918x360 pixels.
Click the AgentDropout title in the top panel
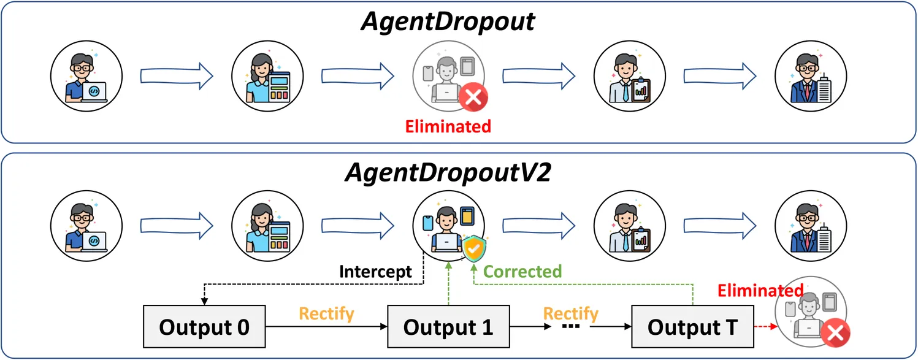[x=448, y=22]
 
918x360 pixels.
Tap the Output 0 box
[x=204, y=327]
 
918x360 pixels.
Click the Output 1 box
[x=448, y=327]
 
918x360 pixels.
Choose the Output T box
[x=692, y=327]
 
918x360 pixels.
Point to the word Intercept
[x=376, y=272]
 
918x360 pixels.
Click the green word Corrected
[x=523, y=272]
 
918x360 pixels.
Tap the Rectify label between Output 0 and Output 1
[x=326, y=314]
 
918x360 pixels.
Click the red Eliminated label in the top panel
[x=448, y=127]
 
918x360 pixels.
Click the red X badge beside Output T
[x=834, y=334]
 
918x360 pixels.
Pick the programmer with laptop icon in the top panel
[x=86, y=75]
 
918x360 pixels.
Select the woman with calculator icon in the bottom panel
[x=267, y=227]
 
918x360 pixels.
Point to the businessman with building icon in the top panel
[x=810, y=75]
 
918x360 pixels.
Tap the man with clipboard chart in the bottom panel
[x=629, y=227]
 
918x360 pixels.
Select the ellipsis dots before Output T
[x=570, y=328]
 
